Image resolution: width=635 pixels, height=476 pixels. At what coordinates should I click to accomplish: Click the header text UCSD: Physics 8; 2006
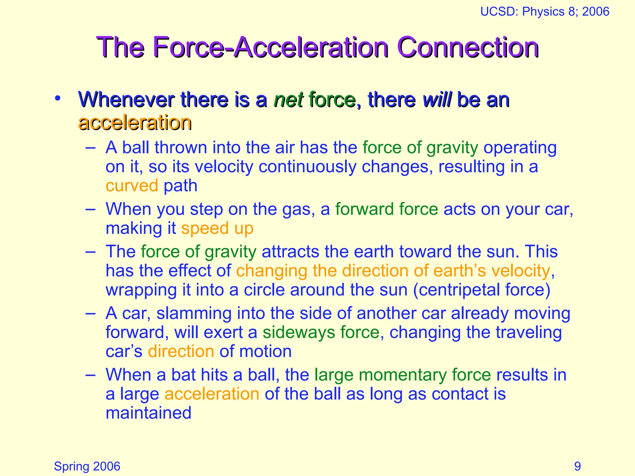[544, 12]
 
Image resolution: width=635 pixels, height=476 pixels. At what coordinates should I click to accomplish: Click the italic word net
[288, 100]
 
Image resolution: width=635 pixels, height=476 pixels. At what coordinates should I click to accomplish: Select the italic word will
[437, 100]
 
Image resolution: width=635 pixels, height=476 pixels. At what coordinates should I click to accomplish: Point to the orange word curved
[132, 186]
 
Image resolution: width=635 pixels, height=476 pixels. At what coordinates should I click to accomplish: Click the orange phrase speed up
[217, 228]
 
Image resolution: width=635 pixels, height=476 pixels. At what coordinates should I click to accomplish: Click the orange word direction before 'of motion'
[181, 351]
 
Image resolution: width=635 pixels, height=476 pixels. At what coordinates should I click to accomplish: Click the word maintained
[148, 413]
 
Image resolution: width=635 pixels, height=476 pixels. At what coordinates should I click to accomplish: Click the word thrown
[180, 148]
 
